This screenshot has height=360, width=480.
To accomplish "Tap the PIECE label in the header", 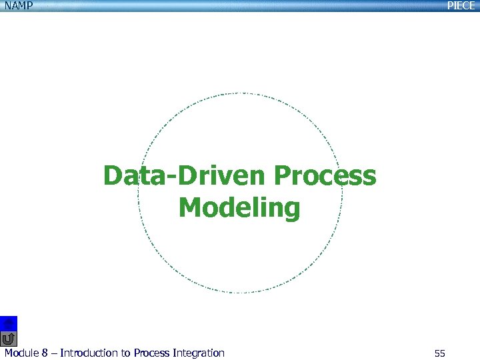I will (x=461, y=5).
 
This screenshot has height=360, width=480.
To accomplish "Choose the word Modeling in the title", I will (x=239, y=208).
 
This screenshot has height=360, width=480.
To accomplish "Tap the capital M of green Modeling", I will (x=192, y=208).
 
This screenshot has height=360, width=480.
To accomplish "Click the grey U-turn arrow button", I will (x=9, y=339).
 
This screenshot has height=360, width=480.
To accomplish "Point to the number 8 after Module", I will (x=45, y=353).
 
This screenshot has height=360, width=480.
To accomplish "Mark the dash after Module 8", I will (x=54, y=353).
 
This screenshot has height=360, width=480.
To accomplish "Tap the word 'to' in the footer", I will (x=126, y=353).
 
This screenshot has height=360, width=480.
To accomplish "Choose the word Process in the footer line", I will (x=152, y=353).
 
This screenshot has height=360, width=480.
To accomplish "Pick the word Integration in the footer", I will (x=199, y=353).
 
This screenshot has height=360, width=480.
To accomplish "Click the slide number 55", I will (x=439, y=353).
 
